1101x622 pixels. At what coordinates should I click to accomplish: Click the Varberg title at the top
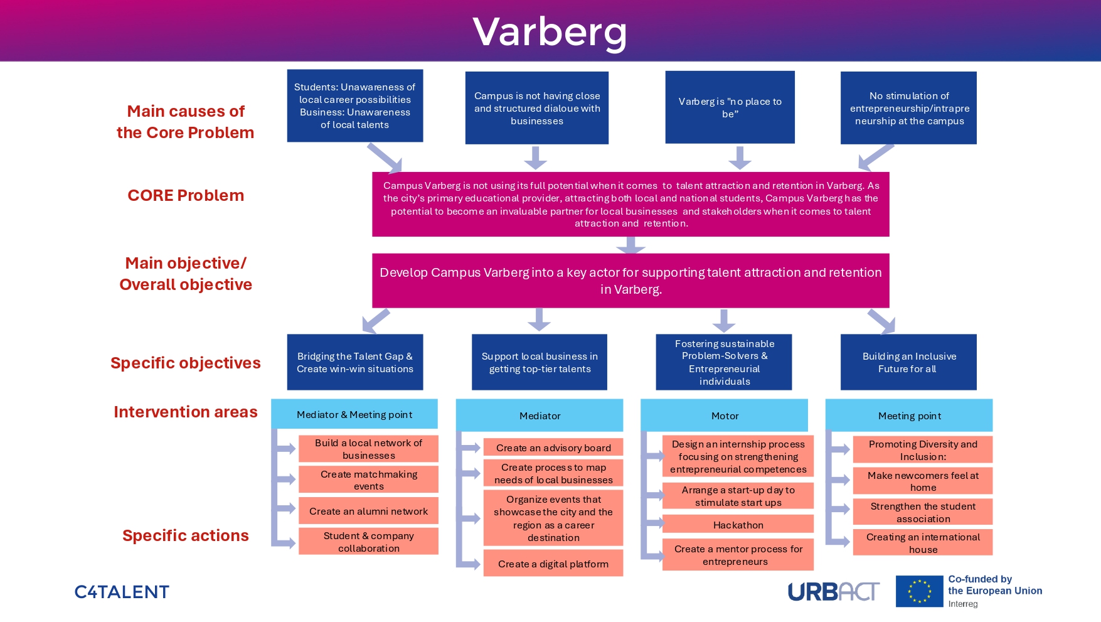[x=550, y=31]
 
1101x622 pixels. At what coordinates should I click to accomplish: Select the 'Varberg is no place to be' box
[x=730, y=107]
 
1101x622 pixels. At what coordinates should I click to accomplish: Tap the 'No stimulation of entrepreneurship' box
[x=908, y=108]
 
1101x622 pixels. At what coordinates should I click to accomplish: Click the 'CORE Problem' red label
[x=186, y=195]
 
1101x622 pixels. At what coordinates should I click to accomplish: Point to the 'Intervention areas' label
[x=186, y=412]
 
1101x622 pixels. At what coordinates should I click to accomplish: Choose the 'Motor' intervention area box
[x=725, y=416]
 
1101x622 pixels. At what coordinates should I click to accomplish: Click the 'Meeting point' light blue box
[x=909, y=416]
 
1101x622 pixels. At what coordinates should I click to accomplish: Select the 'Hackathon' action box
[x=738, y=525]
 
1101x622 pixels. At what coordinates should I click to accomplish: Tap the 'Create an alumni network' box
[x=368, y=511]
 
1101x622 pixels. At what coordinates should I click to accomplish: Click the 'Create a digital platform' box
[x=553, y=564]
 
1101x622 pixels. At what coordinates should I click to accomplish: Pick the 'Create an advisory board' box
[x=553, y=448]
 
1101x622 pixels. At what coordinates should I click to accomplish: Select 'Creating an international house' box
[x=923, y=543]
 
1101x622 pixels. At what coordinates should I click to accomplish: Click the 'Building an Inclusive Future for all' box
[x=908, y=362]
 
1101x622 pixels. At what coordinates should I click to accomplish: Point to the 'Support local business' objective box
[x=540, y=362]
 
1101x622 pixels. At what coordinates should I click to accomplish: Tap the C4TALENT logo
[x=122, y=592]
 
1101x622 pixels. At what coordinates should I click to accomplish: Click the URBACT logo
[x=833, y=592]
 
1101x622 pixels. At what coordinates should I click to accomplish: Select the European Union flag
[x=919, y=591]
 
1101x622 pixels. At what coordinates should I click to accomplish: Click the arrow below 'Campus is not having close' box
[x=535, y=158]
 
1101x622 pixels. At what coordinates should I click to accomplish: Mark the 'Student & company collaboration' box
[x=368, y=542]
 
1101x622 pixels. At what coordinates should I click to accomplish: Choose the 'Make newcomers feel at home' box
[x=923, y=481]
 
